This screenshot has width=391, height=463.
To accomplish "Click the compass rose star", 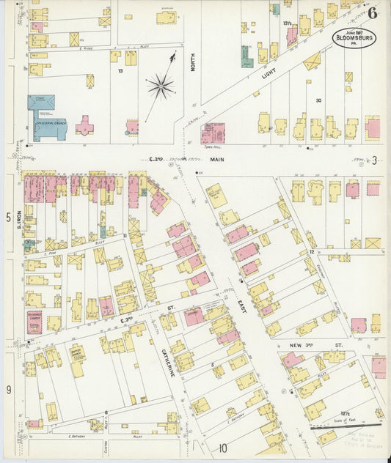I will (x=160, y=87).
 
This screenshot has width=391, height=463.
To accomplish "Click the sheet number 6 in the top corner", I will (x=374, y=13).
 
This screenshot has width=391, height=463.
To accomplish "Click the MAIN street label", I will (x=218, y=159).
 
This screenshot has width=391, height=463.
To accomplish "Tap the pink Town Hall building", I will (x=213, y=133).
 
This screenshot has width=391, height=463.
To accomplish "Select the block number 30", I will (x=318, y=100).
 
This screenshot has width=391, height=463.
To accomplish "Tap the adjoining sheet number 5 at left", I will (x=9, y=218).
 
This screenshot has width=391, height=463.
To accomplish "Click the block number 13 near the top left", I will (x=120, y=70).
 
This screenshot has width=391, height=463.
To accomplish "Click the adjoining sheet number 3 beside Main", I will (x=373, y=160).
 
